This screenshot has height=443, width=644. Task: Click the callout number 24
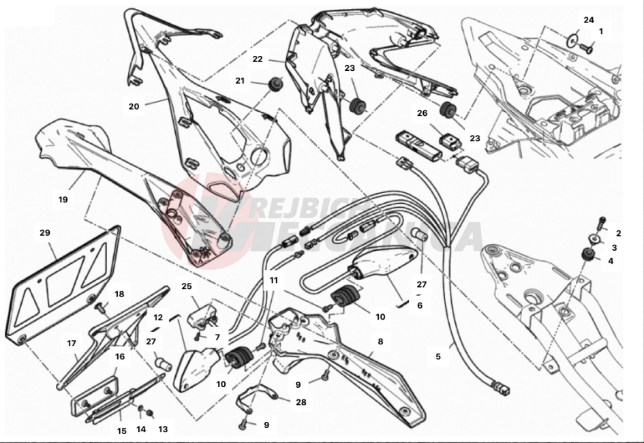click(589, 20)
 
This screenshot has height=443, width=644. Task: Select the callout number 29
click(45, 233)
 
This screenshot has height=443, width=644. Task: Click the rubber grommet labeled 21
click(275, 84)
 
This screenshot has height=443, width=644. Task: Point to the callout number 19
click(63, 200)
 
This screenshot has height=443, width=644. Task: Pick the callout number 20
click(134, 107)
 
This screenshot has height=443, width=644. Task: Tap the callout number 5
click(438, 356)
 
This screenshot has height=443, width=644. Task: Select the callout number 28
click(301, 402)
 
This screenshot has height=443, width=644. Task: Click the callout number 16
click(120, 356)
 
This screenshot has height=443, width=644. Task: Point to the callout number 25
click(187, 286)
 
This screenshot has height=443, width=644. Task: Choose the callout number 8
click(380, 341)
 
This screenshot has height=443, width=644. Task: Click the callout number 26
click(423, 113)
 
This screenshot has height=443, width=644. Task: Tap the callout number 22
click(258, 59)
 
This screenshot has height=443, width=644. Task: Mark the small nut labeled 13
click(150, 412)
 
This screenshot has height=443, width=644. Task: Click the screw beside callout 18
click(99, 306)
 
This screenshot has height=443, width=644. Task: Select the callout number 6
click(419, 305)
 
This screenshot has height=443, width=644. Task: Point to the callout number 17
click(72, 343)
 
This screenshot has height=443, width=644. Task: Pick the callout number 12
click(158, 318)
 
